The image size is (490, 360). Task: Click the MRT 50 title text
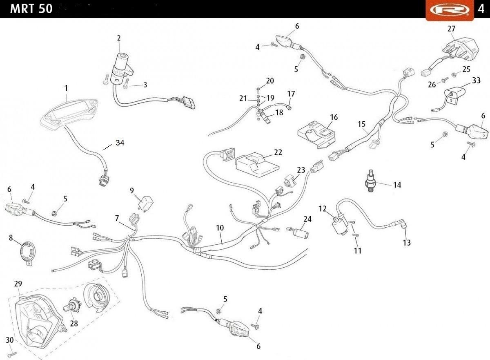pos(31,9)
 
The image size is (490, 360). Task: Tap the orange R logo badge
pos(450,10)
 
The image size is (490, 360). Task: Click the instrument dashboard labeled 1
pos(69,115)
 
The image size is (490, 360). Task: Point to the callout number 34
pos(120,143)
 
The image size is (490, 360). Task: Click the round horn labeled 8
pos(27,253)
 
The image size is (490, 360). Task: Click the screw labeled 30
pos(12,354)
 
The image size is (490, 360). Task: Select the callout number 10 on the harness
pos(220,228)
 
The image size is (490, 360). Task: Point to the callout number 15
pos(361,124)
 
